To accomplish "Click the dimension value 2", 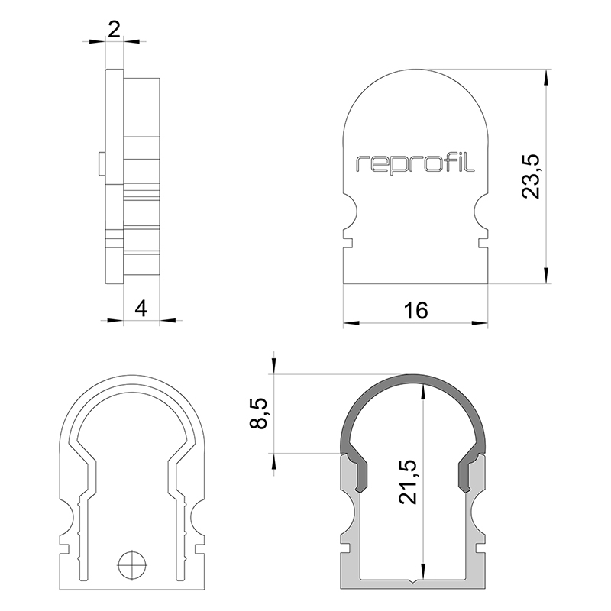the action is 114,30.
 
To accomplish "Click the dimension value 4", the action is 141,309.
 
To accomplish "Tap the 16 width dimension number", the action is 415,310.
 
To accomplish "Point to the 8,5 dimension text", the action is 258,413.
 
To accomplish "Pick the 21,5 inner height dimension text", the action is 408,482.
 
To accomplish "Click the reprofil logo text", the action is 415,163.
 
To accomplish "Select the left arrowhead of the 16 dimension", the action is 351,322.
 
